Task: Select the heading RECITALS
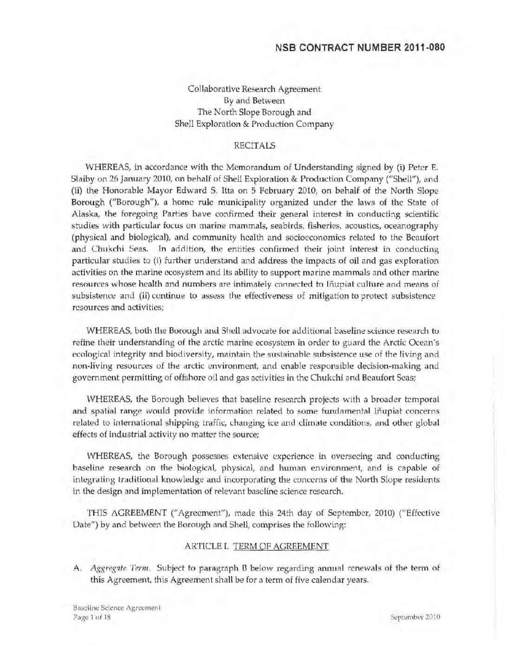tap(254, 145)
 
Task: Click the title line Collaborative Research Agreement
tap(254, 88)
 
